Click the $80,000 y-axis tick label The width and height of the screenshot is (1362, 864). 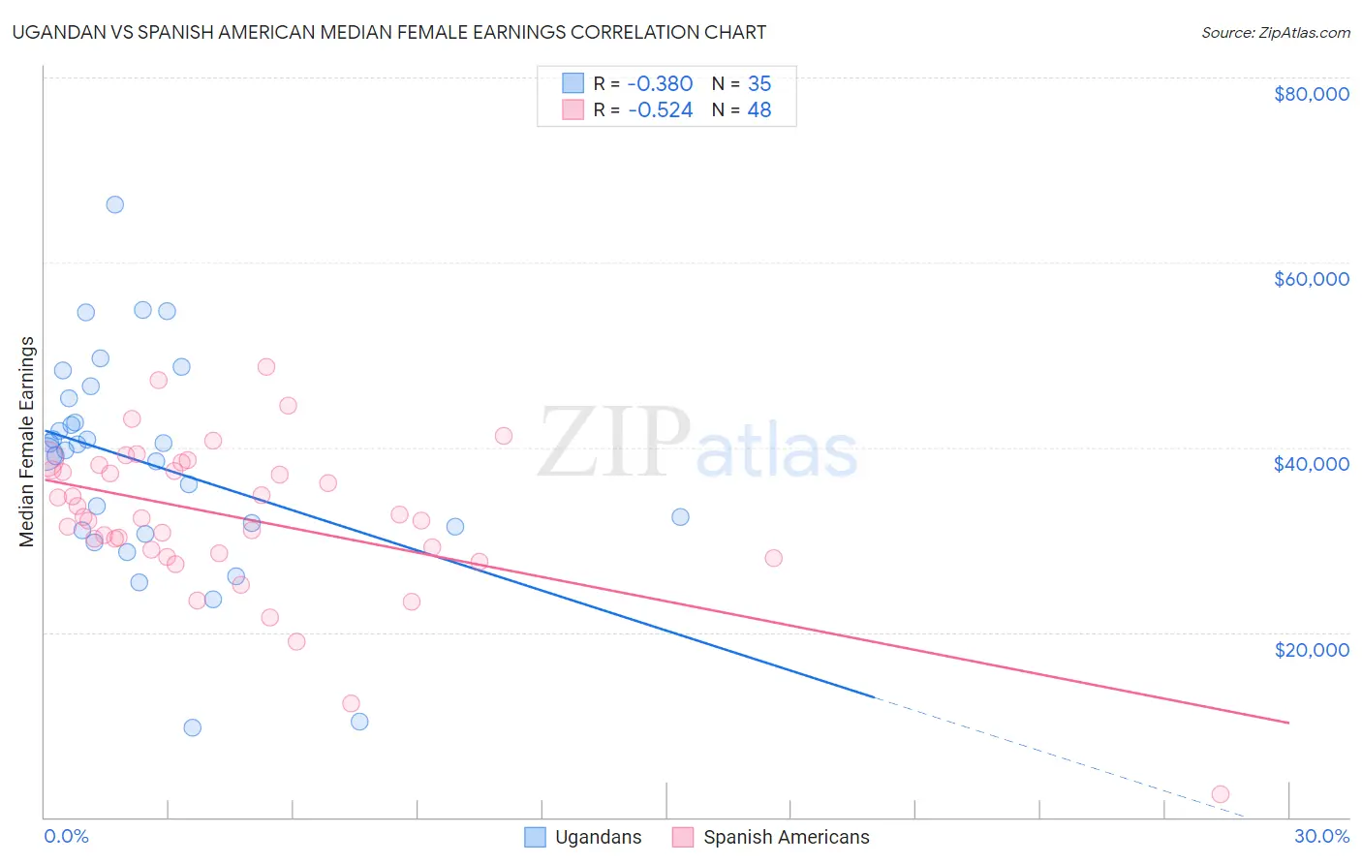pos(1311,94)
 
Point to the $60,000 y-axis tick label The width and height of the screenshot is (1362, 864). pos(1311,279)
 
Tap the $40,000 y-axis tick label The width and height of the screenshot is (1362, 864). pos(1311,464)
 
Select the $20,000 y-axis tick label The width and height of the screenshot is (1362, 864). pos(1311,649)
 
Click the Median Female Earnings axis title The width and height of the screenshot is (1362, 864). pos(27,442)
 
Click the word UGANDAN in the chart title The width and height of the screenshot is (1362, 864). pos(57,32)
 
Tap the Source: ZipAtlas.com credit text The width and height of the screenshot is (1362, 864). pos(1275,33)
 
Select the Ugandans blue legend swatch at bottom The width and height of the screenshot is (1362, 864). pos(535,837)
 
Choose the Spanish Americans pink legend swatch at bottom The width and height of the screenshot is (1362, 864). pos(683,837)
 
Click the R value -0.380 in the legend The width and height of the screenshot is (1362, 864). pos(660,83)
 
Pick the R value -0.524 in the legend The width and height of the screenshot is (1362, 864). pos(660,110)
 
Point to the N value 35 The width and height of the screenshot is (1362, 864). pos(759,83)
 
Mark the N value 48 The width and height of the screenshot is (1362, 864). pos(759,110)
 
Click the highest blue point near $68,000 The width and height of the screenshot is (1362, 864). pos(114,204)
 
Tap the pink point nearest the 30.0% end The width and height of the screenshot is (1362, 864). pos(1221,794)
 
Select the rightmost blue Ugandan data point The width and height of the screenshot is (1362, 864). pos(680,517)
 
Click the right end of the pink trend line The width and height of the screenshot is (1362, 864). pos(1288,723)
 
